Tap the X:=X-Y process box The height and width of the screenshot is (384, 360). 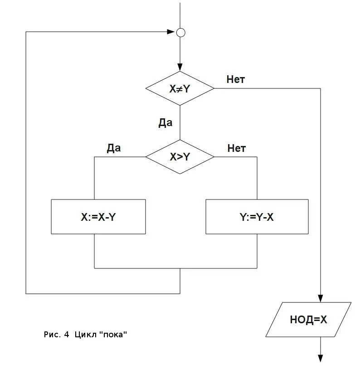click(98, 217)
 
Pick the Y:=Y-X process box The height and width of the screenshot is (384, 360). click(257, 217)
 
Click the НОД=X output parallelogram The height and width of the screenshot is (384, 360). click(308, 320)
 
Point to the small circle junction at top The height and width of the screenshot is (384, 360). click(180, 32)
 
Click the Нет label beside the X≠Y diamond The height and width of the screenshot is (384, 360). click(236, 80)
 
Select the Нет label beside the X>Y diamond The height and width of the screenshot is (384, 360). click(237, 148)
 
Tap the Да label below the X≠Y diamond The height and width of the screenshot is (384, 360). click(165, 123)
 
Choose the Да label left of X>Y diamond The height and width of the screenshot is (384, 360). click(114, 148)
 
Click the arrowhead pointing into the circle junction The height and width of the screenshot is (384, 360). click(171, 32)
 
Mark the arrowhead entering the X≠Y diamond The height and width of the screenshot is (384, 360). click(180, 68)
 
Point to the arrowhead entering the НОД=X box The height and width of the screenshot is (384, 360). click(321, 298)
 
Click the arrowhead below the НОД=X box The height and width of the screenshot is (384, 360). click(321, 358)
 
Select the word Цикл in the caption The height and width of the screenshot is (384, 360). click(85, 335)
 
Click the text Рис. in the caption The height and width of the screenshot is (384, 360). click(52, 335)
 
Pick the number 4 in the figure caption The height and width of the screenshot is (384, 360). click(66, 335)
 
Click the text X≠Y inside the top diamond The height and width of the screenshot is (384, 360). click(180, 89)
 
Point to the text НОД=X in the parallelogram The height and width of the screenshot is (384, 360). click(308, 320)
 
